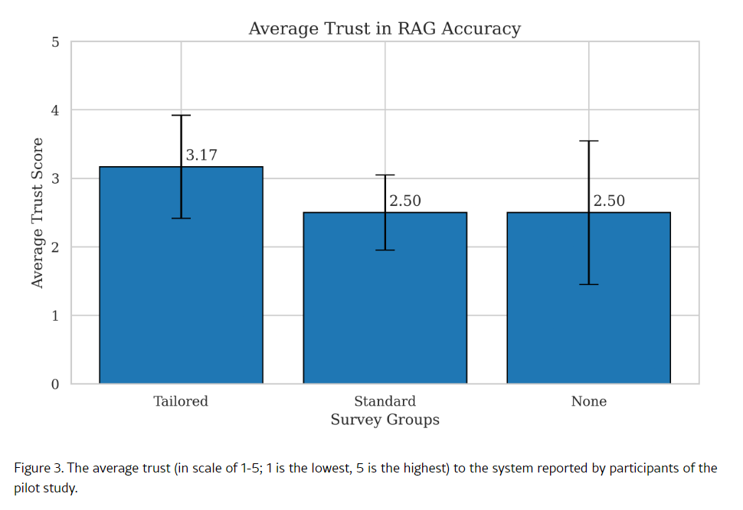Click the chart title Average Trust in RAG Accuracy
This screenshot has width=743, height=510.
[x=385, y=29]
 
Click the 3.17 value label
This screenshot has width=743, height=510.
[x=201, y=155]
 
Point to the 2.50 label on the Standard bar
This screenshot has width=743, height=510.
[x=405, y=201]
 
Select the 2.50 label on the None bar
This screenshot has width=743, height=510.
[x=609, y=201]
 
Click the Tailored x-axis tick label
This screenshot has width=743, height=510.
[x=181, y=401]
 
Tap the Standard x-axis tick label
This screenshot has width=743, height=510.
[x=385, y=401]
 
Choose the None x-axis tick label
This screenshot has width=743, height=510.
[x=588, y=401]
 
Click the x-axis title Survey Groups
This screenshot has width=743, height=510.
[x=385, y=420]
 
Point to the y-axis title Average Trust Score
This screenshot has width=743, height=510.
[x=37, y=213]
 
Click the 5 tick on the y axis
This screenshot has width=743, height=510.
[x=55, y=42]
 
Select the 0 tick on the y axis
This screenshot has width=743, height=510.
[x=55, y=384]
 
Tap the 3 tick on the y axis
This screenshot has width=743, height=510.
[x=55, y=179]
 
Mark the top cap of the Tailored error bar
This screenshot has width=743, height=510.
[x=181, y=116]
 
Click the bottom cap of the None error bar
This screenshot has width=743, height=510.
[x=588, y=284]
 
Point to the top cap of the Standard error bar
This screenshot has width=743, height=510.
[x=385, y=175]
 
